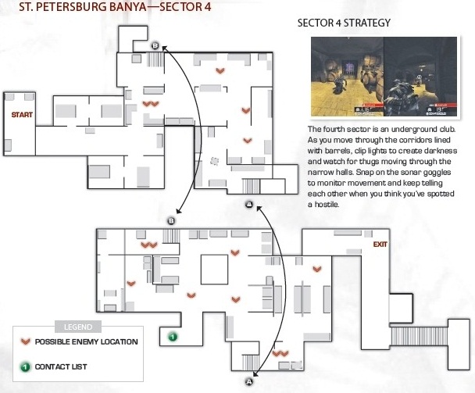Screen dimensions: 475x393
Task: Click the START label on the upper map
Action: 22,115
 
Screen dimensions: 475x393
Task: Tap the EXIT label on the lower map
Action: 380,245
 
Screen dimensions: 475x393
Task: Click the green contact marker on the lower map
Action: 173,336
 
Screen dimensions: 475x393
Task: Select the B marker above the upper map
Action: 155,46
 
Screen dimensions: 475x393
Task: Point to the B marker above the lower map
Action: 171,221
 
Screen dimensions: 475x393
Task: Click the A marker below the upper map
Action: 249,205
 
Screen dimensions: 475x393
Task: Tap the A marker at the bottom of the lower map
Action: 249,382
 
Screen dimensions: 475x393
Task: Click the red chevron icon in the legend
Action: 26,341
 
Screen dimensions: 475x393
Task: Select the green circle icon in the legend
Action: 25,367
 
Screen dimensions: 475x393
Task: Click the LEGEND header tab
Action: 78,327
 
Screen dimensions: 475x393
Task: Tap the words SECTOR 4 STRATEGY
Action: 344,23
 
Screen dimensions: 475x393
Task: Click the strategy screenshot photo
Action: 384,77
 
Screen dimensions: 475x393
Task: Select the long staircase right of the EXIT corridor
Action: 419,336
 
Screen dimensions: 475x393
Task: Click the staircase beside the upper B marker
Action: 155,59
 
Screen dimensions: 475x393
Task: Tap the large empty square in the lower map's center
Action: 214,270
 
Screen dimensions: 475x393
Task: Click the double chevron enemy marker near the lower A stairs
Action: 280,353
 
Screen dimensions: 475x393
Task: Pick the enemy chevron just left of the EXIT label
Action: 317,269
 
